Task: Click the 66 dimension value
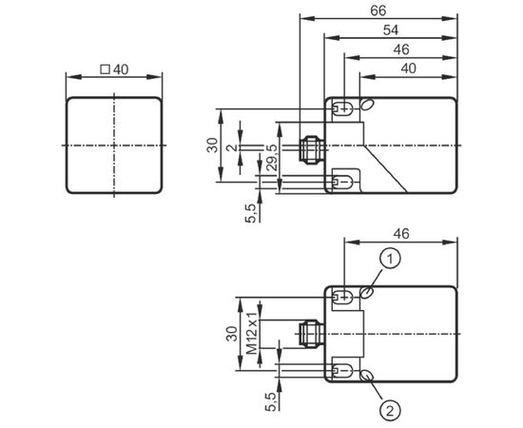[x=378, y=11]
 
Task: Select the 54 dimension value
[x=391, y=30]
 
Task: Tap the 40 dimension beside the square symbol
[x=121, y=69]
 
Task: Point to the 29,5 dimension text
[x=273, y=158]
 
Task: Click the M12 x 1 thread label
[x=252, y=334]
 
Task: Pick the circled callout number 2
[x=390, y=411]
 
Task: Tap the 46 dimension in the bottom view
[x=401, y=234]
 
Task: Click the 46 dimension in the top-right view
[x=401, y=49]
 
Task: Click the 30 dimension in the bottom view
[x=232, y=334]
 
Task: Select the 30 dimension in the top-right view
[x=212, y=146]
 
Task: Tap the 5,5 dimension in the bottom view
[x=271, y=401]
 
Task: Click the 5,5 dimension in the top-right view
[x=251, y=213]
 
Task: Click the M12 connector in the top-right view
[x=312, y=149]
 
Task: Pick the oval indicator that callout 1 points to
[x=367, y=293]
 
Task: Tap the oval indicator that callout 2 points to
[x=367, y=376]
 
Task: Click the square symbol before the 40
[x=105, y=69]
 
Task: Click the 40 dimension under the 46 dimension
[x=409, y=68]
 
